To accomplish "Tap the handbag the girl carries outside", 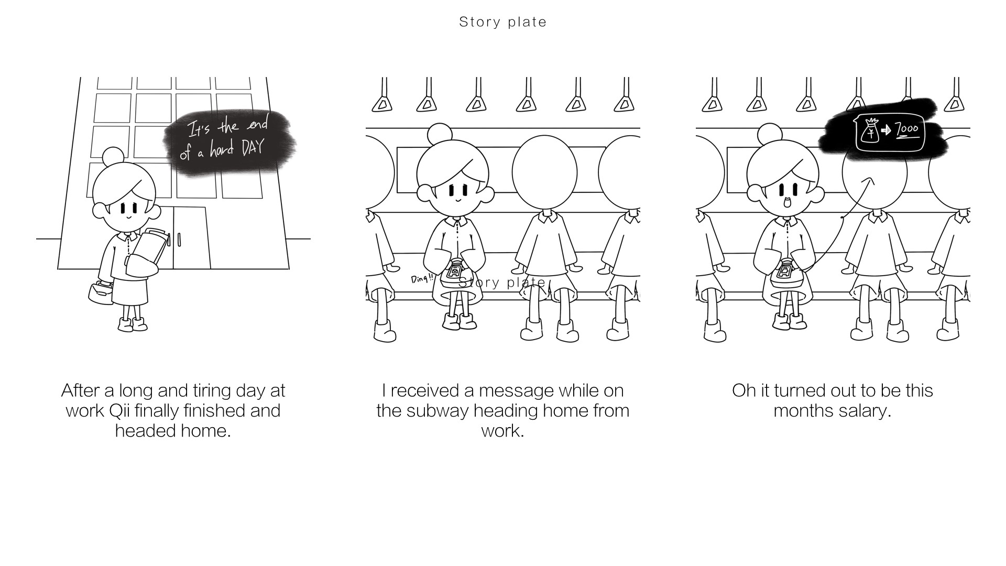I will pos(101,292).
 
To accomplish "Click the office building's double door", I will pos(191,238).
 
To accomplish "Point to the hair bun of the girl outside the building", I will pos(113,156).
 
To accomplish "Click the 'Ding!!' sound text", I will pos(422,278).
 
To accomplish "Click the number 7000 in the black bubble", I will pos(906,129).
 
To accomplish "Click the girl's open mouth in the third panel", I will pos(786,202).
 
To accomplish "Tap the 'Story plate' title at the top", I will pos(502,22).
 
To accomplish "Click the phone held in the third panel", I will pos(784,272).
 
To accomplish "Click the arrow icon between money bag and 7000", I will pos(886,130).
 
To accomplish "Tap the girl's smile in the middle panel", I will pos(457,200).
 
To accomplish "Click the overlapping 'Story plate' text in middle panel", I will pos(502,282).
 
